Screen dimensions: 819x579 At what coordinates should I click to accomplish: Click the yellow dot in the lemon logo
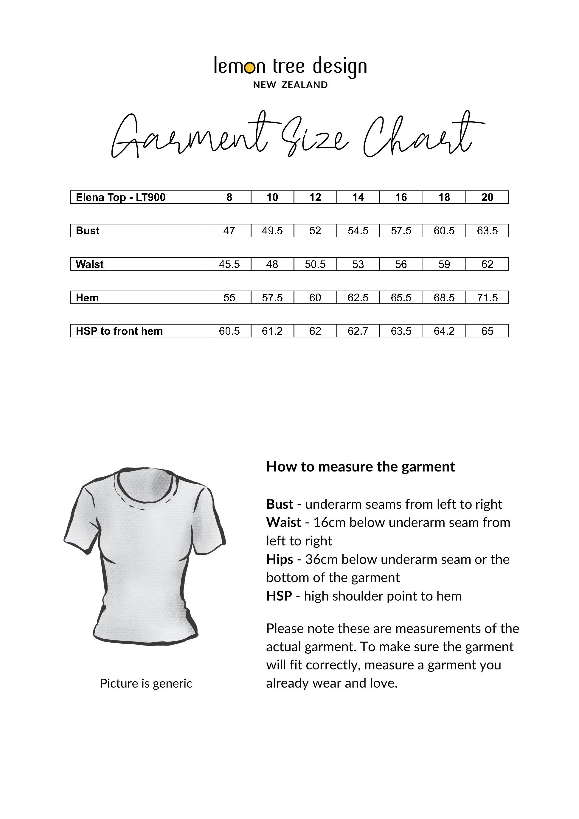(x=250, y=67)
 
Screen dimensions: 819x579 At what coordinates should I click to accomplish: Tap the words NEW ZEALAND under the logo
(x=290, y=85)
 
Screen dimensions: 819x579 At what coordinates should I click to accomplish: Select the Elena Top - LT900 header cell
(x=121, y=197)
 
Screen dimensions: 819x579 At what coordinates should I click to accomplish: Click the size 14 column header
(x=358, y=197)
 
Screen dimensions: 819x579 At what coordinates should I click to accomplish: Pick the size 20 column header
(x=487, y=197)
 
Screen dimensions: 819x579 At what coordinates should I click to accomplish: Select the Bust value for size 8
(x=229, y=231)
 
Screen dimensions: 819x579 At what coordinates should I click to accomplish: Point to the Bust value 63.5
(x=487, y=231)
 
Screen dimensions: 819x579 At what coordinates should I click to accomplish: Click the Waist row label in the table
(x=89, y=264)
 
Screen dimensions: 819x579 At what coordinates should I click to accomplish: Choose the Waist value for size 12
(x=315, y=264)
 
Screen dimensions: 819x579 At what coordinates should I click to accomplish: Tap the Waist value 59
(x=444, y=264)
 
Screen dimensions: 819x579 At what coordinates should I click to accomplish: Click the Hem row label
(x=87, y=297)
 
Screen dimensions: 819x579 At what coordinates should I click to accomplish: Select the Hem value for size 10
(x=272, y=297)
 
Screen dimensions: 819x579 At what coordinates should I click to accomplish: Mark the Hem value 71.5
(x=487, y=297)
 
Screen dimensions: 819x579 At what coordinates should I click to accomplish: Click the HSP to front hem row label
(x=119, y=331)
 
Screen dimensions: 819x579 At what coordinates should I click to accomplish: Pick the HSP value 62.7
(x=358, y=331)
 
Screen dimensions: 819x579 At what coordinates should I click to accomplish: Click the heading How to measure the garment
(x=360, y=466)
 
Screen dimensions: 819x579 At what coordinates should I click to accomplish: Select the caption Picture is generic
(x=146, y=683)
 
